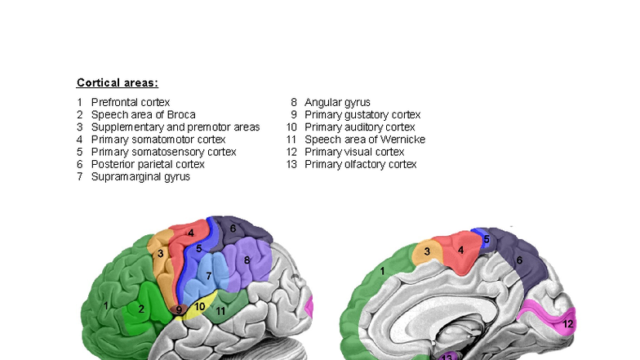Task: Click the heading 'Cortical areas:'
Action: pos(117,82)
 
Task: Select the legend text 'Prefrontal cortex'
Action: pos(130,102)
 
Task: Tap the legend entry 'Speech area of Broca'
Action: pos(143,115)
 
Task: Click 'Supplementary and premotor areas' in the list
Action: pos(175,127)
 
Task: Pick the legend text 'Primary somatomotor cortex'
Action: pos(158,140)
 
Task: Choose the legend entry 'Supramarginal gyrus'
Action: pos(140,176)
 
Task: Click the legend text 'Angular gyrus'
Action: pos(337,102)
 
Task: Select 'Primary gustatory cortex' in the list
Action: pos(362,115)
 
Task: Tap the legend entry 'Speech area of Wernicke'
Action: pos(364,140)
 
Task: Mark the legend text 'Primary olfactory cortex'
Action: pos(360,164)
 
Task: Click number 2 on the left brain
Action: pos(141,309)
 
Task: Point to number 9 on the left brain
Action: pos(179,310)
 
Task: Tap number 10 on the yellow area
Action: pos(200,306)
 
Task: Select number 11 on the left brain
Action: pos(220,310)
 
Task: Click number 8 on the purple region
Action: pos(247,260)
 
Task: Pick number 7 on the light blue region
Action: pos(209,276)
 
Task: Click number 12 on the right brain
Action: pos(568,324)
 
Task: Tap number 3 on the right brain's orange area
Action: pos(427,252)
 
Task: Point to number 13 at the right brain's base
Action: pos(447,357)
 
